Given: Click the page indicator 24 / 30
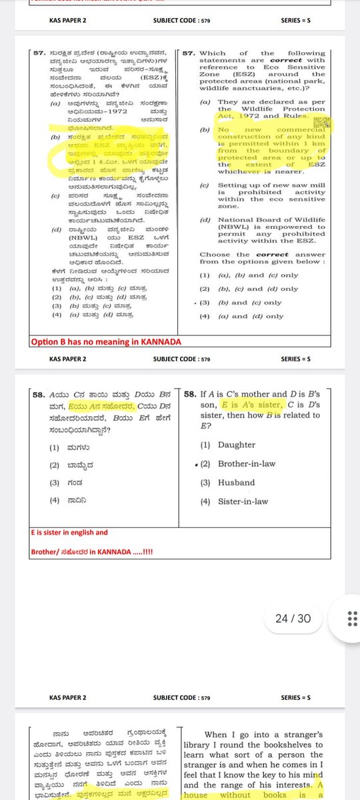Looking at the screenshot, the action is [293, 619].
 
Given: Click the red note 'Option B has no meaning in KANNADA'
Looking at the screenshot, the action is [106, 342].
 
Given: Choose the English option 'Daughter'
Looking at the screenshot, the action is [237, 445].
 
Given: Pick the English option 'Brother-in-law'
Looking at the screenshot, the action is [247, 463].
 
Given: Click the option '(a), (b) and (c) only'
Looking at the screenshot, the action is [258, 275].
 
